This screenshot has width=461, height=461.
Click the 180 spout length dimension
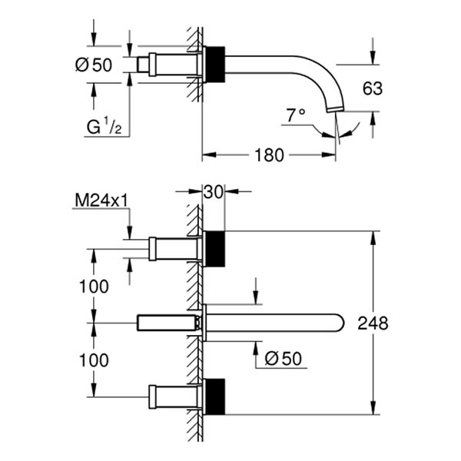(x=267, y=154)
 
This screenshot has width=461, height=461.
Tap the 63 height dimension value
(x=373, y=88)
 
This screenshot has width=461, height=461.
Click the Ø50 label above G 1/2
(x=93, y=65)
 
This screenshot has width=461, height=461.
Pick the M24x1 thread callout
(x=100, y=201)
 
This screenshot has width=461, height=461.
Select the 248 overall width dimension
(x=373, y=323)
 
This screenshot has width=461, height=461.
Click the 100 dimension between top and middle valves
(x=93, y=286)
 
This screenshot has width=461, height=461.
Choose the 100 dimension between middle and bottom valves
(x=93, y=360)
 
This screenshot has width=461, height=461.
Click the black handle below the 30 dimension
(x=215, y=248)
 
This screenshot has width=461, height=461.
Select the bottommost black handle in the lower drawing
(x=215, y=396)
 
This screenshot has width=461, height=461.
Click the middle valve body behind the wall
(x=164, y=323)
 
